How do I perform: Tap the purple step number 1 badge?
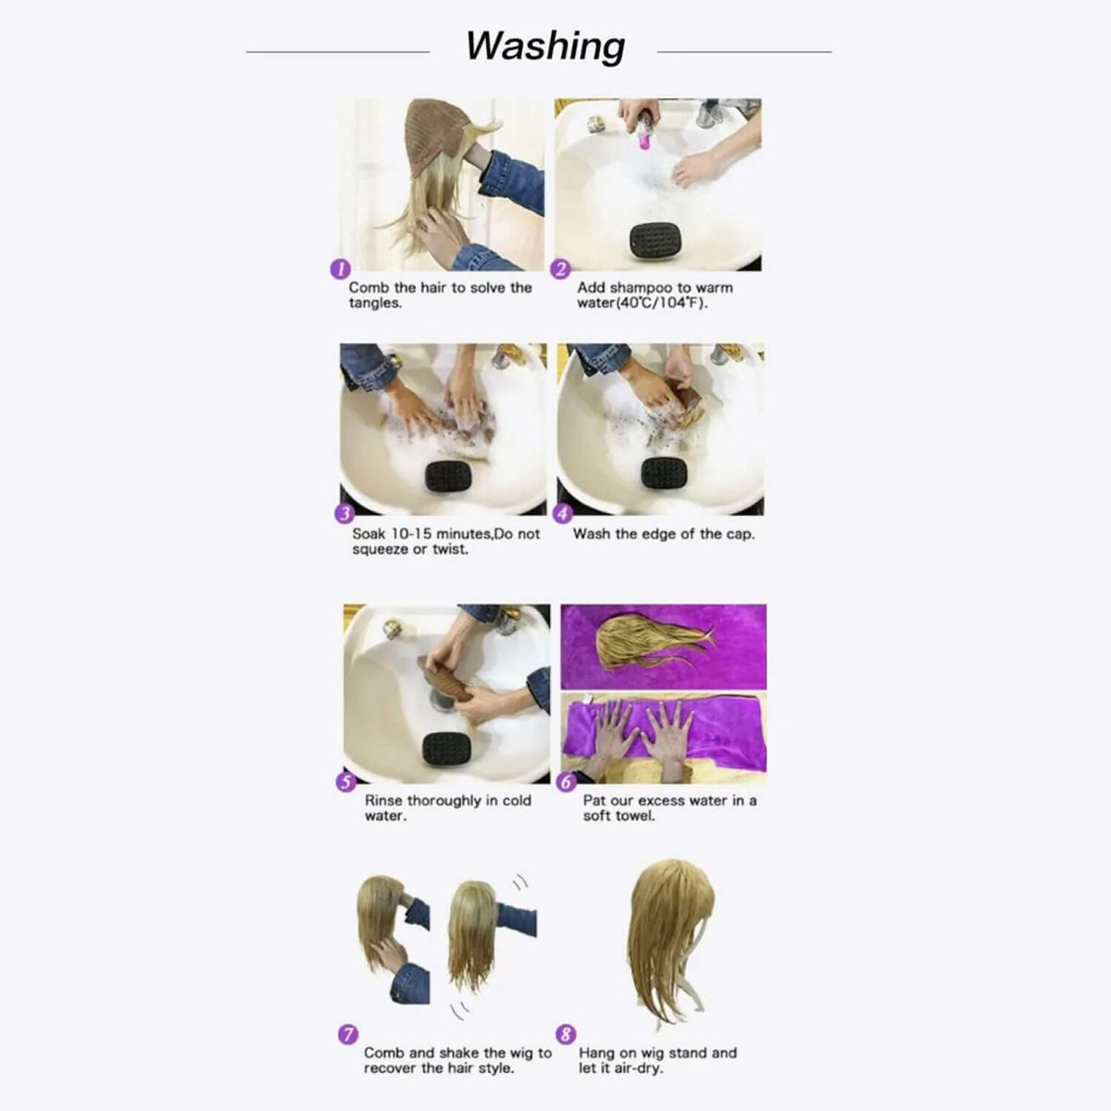[340, 269]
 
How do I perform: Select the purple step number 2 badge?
[561, 269]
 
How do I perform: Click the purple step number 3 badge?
[344, 515]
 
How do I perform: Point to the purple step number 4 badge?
[563, 514]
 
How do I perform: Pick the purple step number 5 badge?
[345, 781]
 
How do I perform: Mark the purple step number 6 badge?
[567, 781]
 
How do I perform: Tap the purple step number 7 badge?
[348, 1034]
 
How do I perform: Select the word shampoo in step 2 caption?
[643, 288]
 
